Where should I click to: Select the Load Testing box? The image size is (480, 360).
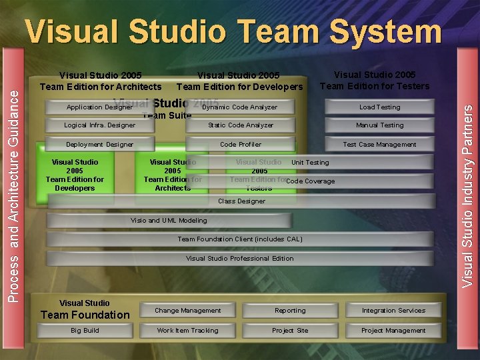coord(379,107)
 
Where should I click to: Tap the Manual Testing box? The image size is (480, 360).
coord(379,125)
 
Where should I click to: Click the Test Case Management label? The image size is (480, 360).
coord(379,145)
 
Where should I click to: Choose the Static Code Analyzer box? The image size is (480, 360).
coord(241,125)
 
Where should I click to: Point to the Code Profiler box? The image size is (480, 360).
coord(241,145)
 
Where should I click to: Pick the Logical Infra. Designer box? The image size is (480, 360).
coord(99,125)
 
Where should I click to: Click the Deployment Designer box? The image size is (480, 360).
coord(99,145)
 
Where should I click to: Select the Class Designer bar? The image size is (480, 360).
coord(241,201)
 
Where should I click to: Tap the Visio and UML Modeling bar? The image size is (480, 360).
coord(169,221)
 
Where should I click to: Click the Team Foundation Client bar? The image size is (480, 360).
coord(240,239)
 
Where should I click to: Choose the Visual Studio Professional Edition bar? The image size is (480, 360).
coord(240,259)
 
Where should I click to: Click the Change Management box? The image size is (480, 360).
coord(188,311)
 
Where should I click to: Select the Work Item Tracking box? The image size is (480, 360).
coord(188,331)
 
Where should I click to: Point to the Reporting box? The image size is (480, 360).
coord(290,311)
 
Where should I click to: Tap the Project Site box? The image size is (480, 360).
coord(290,331)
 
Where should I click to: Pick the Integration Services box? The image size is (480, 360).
coord(393,311)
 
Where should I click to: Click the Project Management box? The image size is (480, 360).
coord(393,331)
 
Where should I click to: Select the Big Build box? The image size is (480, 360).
coord(85,331)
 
